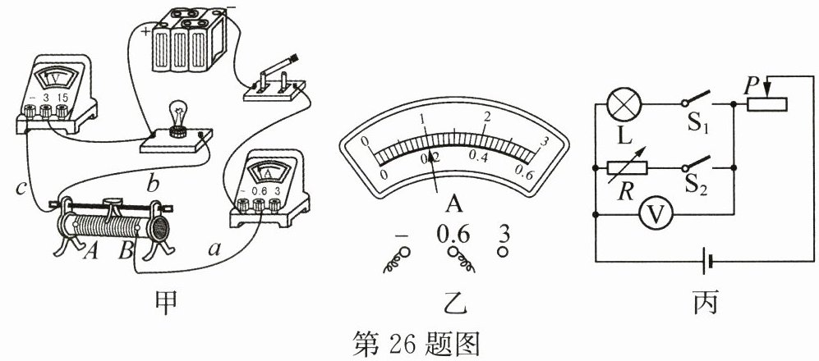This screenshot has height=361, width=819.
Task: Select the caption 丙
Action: (703, 303)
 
